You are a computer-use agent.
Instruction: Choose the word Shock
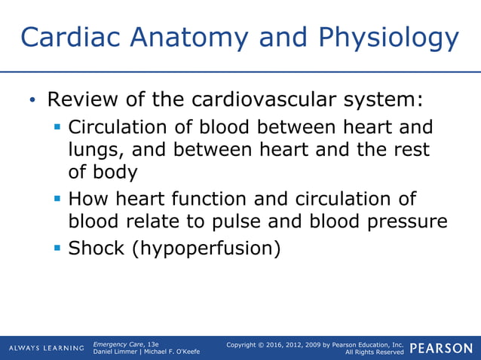[97, 248]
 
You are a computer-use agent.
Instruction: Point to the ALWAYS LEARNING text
[47, 348]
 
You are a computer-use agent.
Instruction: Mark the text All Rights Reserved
[374, 352]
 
